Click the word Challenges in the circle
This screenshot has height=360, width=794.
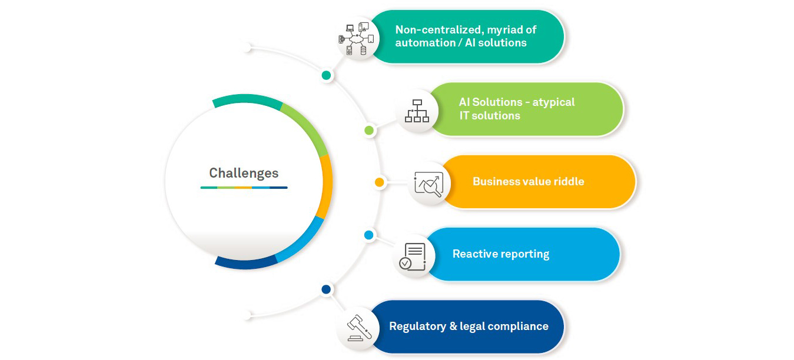[x=244, y=173]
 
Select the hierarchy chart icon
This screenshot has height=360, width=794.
[x=417, y=111]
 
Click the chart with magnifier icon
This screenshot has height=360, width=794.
[x=428, y=183]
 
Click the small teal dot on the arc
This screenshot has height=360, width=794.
[x=327, y=75]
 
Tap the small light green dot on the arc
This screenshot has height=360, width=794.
[x=369, y=130]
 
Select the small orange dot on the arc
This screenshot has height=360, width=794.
[x=380, y=182]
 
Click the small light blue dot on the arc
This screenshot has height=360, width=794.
[x=369, y=235]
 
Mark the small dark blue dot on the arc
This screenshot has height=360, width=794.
[x=326, y=289]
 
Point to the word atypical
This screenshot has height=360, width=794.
[x=553, y=102]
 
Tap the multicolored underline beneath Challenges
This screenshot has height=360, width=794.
[x=244, y=188]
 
